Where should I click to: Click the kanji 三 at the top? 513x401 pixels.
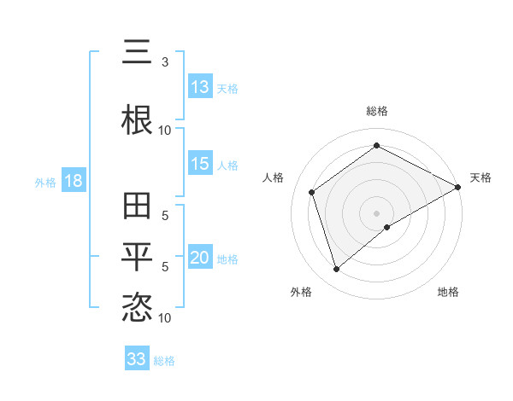[x=137, y=55]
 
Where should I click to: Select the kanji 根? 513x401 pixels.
[x=137, y=119]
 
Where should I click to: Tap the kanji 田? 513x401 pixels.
[x=137, y=206]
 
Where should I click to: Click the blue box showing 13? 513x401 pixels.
[x=200, y=87]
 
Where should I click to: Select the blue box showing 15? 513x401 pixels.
[x=200, y=164]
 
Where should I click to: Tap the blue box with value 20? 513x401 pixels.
[x=200, y=259]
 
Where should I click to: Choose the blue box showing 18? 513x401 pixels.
[x=73, y=181]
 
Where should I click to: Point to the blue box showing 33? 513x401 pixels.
[x=137, y=359]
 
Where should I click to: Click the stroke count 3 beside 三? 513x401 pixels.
[x=165, y=62]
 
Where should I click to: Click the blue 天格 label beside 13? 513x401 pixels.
[x=227, y=88]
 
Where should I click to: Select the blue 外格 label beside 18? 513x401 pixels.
[x=45, y=182]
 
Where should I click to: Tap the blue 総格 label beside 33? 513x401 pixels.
[x=164, y=360]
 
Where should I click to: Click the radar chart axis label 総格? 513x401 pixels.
[x=377, y=111]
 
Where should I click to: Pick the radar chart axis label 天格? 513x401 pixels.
[x=481, y=177]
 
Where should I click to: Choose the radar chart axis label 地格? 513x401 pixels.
[x=448, y=292]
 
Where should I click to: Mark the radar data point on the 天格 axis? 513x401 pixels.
[x=458, y=187]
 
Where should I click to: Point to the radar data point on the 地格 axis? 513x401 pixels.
[x=387, y=227]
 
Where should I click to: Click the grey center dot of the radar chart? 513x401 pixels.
[x=376, y=212]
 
